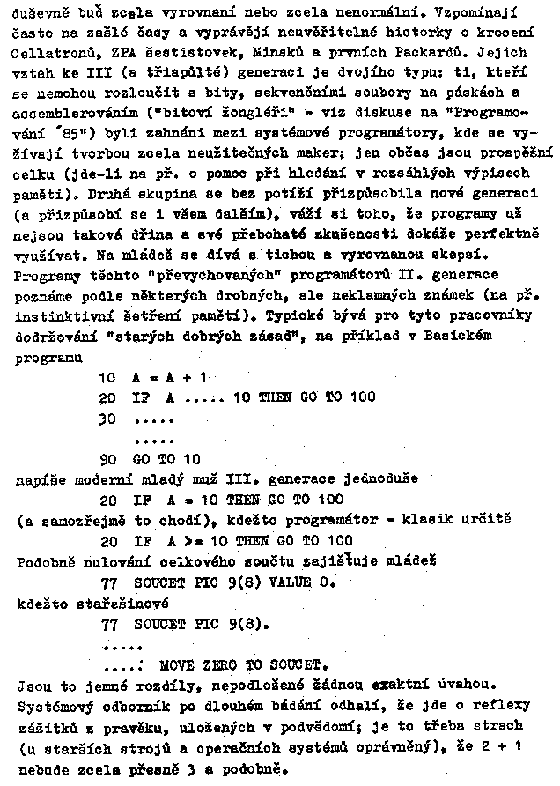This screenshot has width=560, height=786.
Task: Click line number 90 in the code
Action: (x=108, y=458)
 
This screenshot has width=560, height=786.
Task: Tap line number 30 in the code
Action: (x=108, y=418)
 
